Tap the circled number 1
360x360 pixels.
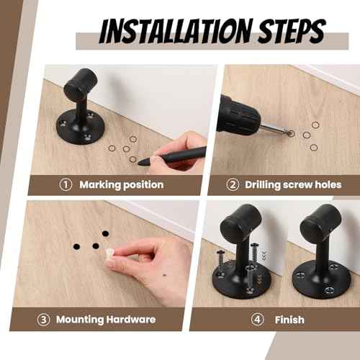tap(66, 185)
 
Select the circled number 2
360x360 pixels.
tap(233, 185)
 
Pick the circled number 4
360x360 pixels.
tap(257, 319)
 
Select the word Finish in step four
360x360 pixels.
tap(289, 319)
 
